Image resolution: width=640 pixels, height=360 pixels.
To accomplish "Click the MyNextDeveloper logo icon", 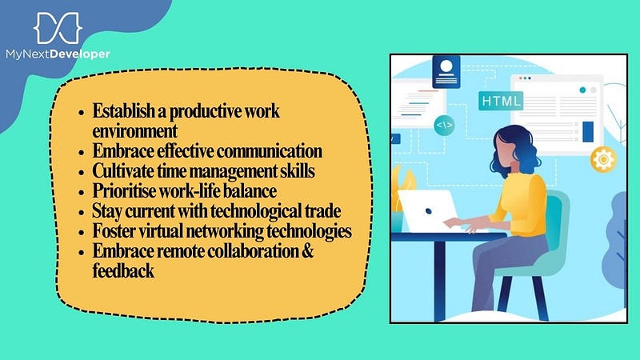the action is [x=58, y=28].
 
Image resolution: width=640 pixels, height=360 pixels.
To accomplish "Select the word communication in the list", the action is [x=269, y=151].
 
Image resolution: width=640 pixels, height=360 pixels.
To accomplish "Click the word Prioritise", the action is [x=124, y=190].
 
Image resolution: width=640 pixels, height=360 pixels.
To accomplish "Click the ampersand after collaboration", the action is [x=308, y=250].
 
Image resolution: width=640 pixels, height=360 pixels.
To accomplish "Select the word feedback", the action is [x=123, y=270].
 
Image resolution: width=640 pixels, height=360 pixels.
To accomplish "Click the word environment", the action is [x=134, y=131].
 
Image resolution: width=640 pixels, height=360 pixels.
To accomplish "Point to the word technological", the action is [x=256, y=211].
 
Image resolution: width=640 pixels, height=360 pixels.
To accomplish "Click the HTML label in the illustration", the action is [x=501, y=101].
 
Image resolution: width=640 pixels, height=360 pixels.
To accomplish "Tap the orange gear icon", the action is [x=603, y=158].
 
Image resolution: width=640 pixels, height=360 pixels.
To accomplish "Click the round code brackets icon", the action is [x=444, y=126].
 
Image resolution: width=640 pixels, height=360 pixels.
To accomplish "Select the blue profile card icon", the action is [x=446, y=72].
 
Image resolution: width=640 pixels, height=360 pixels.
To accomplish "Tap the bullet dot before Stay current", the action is [x=82, y=213].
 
